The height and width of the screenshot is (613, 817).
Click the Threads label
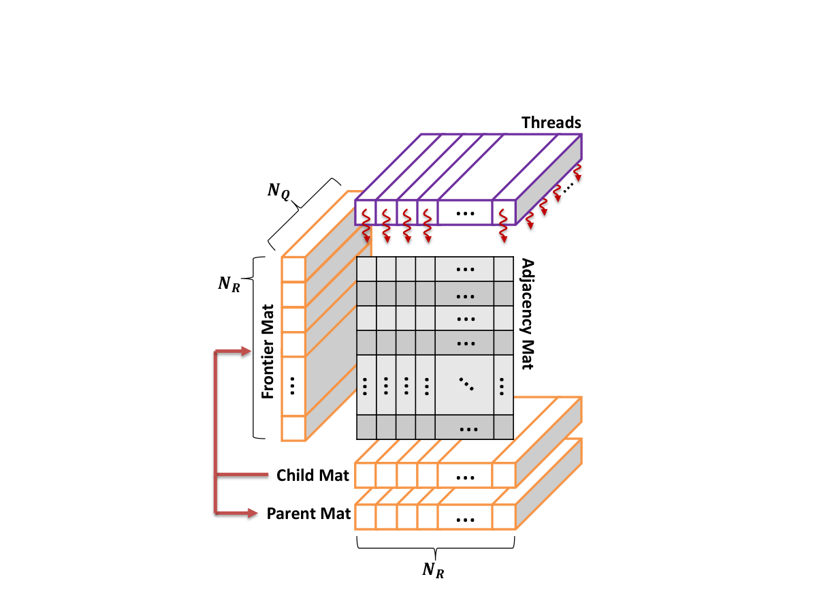point(551,123)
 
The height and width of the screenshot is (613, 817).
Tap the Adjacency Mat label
point(528,314)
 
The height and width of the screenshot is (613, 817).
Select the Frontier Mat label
point(268,351)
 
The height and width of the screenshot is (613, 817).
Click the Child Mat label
point(313,475)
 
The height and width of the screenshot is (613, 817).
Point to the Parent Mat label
point(308,514)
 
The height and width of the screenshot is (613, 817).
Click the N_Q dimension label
point(278,191)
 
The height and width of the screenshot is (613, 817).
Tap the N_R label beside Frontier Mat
point(229,284)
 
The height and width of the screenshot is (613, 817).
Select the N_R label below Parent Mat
point(433,570)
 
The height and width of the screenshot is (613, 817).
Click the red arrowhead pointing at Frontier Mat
point(246,351)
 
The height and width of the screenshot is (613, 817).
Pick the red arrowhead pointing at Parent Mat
point(253,514)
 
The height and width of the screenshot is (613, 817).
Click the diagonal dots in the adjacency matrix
point(466,384)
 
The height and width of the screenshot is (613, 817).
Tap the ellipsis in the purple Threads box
point(465,214)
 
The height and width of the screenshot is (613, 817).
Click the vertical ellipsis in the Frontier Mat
point(292,386)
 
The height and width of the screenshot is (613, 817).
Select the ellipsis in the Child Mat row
point(465,478)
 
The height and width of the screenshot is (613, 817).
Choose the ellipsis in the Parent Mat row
point(465,520)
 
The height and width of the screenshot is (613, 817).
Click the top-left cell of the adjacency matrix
point(366,269)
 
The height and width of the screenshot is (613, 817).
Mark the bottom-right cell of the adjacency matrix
point(504,427)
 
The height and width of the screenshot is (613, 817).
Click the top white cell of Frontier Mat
point(293,270)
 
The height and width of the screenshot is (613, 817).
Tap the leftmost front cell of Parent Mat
point(365,516)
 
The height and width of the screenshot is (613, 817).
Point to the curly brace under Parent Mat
point(436,548)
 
